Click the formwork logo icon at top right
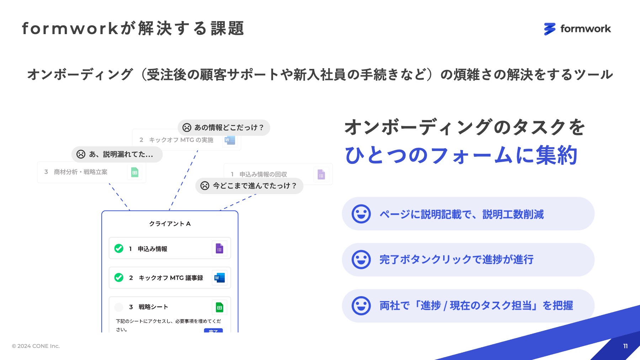[549, 29]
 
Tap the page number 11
[625, 346]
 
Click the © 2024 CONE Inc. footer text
[36, 346]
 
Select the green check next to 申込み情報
[119, 248]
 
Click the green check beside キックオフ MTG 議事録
[119, 277]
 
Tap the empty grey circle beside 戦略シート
[119, 307]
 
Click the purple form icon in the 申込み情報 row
[219, 248]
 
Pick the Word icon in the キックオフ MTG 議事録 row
[219, 278]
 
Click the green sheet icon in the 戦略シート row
[219, 307]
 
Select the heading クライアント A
[170, 224]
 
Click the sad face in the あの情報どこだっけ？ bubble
[187, 128]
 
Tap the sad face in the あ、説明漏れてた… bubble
[81, 154]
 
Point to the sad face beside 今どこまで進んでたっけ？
[205, 186]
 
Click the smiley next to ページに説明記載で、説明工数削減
[361, 214]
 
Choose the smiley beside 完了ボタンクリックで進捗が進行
[361, 259]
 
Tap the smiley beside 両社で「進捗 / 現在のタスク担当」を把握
[361, 306]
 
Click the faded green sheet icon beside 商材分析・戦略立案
[135, 172]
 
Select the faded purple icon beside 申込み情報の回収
[321, 174]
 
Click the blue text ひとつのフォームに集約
[461, 156]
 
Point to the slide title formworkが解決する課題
[133, 28]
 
